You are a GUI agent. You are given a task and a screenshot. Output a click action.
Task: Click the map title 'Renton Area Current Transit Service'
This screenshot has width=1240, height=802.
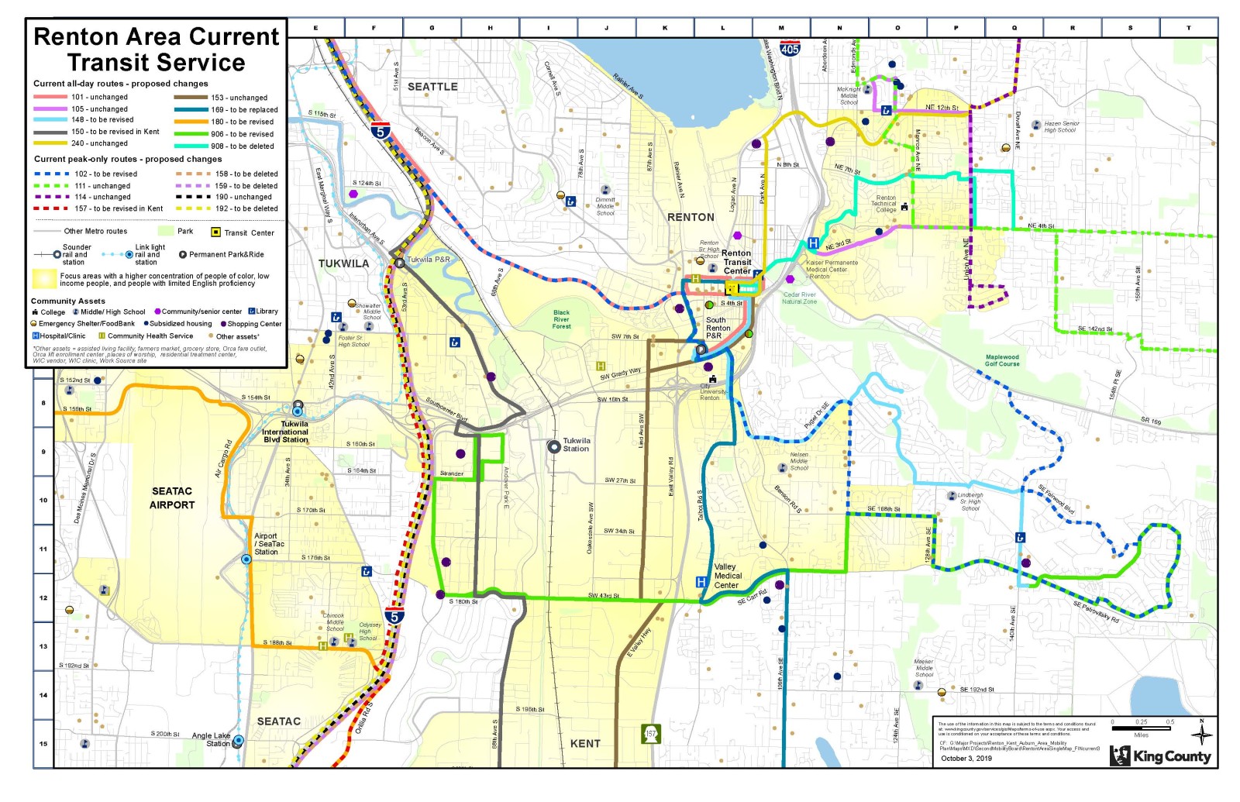point(156,50)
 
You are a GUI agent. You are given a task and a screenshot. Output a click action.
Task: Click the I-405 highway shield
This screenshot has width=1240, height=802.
point(789,49)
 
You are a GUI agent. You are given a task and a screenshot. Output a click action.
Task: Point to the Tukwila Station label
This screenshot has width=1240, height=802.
point(576,445)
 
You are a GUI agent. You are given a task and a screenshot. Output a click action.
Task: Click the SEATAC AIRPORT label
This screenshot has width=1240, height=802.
point(172,498)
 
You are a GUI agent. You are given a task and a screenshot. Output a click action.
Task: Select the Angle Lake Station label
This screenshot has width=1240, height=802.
point(211,739)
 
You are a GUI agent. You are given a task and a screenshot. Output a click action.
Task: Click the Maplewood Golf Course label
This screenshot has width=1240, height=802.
point(1002,360)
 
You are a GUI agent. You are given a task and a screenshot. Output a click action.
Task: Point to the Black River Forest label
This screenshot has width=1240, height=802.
point(561,319)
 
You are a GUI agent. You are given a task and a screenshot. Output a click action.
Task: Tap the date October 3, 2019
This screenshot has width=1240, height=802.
point(966,758)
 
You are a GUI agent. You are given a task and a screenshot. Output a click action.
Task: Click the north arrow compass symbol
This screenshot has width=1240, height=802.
point(1201,733)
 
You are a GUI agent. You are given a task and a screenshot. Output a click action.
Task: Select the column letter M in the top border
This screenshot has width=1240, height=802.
point(781,28)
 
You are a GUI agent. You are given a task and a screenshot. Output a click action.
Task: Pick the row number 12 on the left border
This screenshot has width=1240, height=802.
point(43,597)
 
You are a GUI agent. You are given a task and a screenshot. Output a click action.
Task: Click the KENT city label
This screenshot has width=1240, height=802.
point(585,743)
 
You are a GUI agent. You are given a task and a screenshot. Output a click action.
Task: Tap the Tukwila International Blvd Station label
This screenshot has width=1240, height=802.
point(285,432)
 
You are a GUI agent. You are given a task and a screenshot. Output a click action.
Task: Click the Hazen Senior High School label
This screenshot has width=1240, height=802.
point(1061,126)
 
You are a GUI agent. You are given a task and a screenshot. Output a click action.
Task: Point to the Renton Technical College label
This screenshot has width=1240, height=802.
point(885,204)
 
